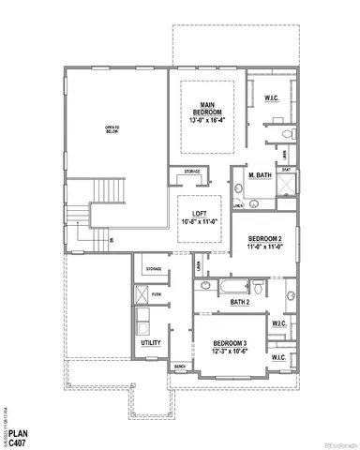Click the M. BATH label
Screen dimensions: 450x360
click(260, 176)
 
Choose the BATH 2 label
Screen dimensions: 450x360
click(240, 303)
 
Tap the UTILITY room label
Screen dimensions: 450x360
click(150, 343)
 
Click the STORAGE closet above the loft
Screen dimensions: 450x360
click(191, 172)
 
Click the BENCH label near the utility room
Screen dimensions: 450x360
click(182, 367)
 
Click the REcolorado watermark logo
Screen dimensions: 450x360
click(328, 440)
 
